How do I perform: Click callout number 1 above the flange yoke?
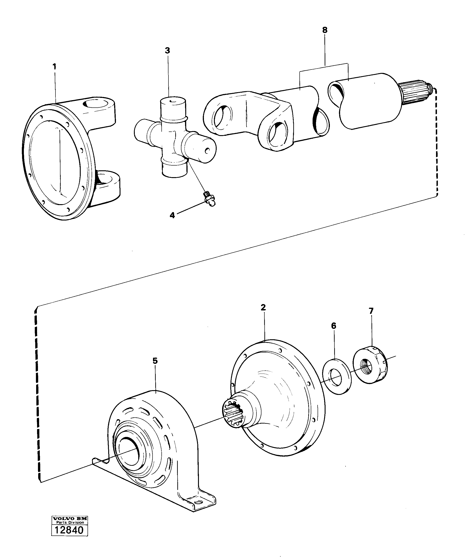[55, 67]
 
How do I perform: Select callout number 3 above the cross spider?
[167, 50]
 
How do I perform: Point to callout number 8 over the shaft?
[325, 30]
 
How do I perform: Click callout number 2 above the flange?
[263, 307]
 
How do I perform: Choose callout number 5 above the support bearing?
[155, 361]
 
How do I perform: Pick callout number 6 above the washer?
[334, 326]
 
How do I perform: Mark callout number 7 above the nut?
[371, 311]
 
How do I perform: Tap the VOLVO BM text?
[69, 526]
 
